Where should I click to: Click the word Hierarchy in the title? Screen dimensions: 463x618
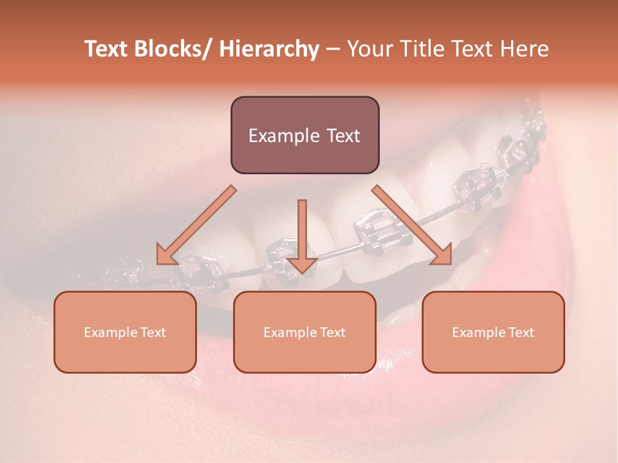click(268, 49)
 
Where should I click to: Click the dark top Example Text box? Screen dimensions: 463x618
click(304, 135)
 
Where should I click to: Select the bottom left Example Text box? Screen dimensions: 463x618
click(125, 332)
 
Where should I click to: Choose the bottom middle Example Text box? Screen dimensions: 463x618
click(304, 332)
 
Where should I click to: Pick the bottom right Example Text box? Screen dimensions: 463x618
click(493, 332)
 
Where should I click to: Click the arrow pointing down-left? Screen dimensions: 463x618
click(196, 225)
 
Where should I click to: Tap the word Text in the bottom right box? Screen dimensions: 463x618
click(521, 332)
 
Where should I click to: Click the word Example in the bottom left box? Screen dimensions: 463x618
click(109, 333)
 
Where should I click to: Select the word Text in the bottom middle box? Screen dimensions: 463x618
click(332, 332)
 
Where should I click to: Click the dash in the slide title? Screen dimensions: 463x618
click(332, 50)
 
